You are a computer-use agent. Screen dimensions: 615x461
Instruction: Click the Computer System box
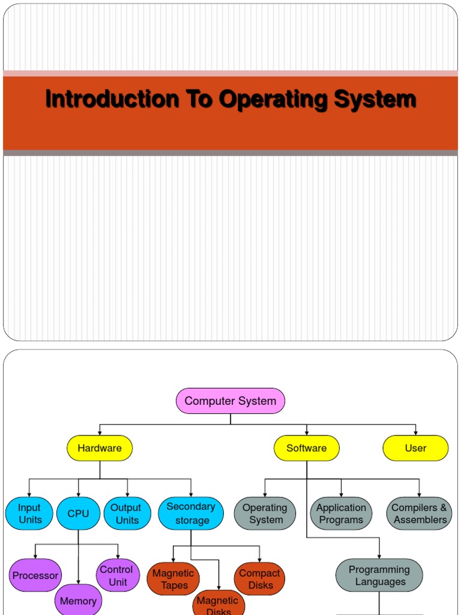pos(230,401)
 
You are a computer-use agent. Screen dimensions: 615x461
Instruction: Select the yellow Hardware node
pos(100,448)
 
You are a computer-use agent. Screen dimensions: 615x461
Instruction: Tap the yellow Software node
pos(307,448)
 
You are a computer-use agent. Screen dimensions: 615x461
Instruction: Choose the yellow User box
pos(415,448)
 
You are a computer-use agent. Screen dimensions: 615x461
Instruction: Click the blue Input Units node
pos(29,514)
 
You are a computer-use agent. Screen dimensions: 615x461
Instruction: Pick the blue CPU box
pos(78,514)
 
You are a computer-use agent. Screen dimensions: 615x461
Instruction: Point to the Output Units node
pos(126,514)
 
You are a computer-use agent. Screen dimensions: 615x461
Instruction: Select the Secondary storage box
pos(191,514)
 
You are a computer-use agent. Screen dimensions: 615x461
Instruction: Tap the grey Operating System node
pos(265,514)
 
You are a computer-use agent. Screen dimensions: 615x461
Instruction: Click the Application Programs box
pos(341,514)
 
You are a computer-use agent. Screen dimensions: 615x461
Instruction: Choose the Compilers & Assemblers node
pos(420,514)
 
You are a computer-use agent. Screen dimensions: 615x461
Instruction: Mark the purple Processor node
pos(35,575)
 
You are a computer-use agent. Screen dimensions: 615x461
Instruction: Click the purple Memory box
pos(78,601)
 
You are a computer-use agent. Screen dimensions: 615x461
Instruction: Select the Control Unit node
pos(118,575)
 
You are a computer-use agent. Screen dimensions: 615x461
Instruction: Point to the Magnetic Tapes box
pos(173,579)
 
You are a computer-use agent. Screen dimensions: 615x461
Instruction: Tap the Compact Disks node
pos(260,579)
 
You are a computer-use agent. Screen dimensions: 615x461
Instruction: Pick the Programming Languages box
pos(379,575)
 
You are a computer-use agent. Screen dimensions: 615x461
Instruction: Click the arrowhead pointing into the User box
pos(415,433)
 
